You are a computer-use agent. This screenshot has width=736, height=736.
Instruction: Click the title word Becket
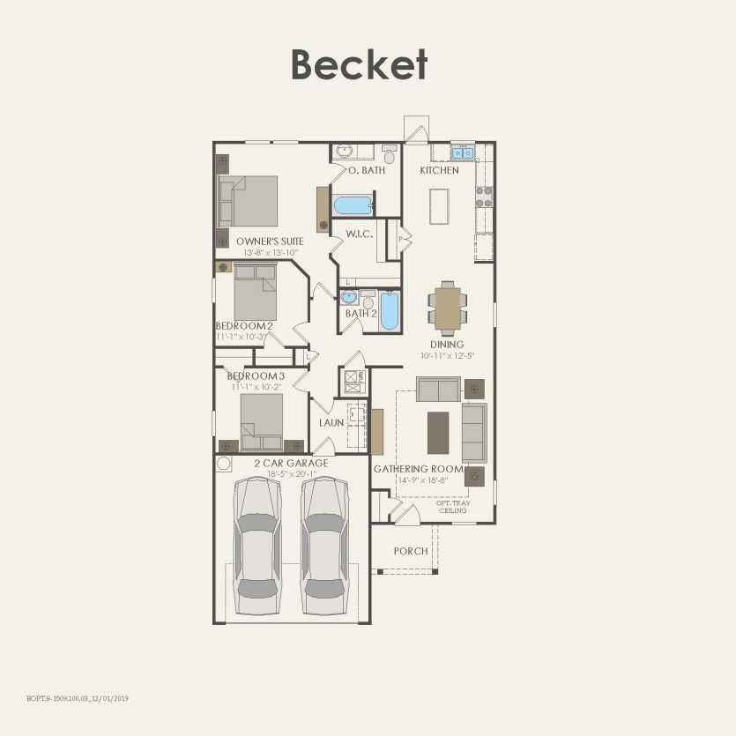pos(359,64)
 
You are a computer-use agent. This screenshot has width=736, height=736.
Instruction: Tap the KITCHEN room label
pos(439,170)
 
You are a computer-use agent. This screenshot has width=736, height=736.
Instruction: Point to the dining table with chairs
pos(448,307)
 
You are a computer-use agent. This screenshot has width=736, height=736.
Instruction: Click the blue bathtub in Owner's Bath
pos(353,205)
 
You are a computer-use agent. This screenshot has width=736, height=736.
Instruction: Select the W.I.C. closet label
pos(360,234)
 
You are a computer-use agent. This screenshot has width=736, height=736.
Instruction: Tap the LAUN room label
pos(331,423)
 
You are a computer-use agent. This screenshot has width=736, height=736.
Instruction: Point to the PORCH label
pos(411,551)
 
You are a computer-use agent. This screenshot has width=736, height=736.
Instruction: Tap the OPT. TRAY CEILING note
pos(453,507)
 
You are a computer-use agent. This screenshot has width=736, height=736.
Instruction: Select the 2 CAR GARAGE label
pos(291,464)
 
